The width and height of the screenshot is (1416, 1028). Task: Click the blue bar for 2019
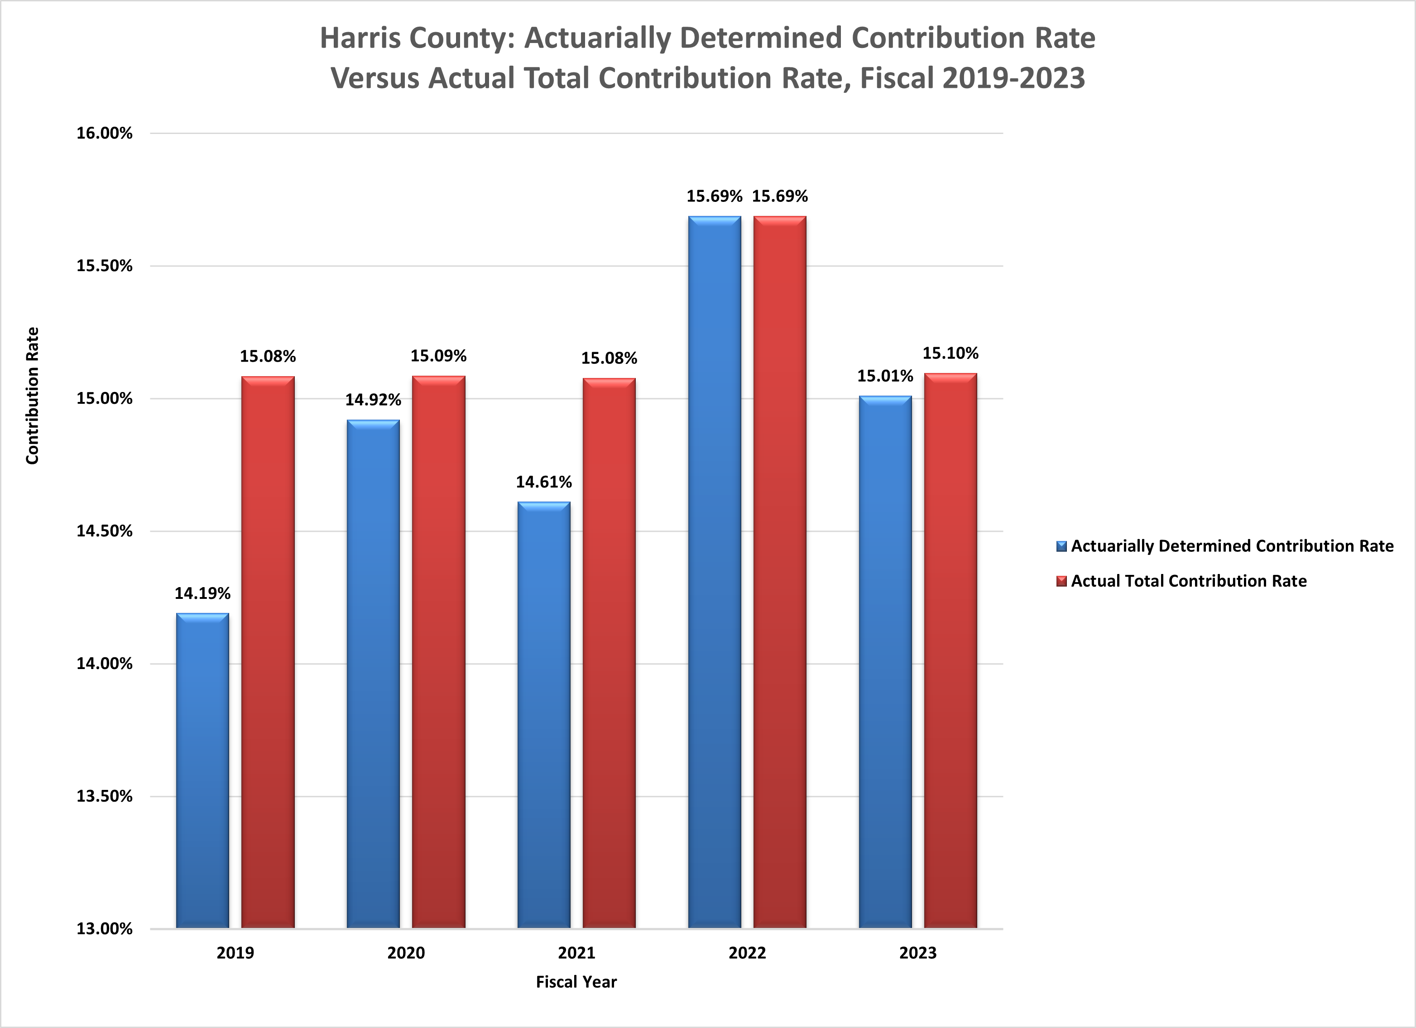[202, 771]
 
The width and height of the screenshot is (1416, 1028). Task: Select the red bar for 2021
[609, 653]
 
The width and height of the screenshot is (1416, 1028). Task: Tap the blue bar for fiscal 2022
[714, 572]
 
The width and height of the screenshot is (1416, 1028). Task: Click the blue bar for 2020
[373, 674]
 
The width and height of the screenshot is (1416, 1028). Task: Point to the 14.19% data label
[202, 593]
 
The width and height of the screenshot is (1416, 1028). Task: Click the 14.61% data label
[543, 482]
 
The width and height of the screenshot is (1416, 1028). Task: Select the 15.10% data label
[950, 353]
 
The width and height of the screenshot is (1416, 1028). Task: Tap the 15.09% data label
[438, 356]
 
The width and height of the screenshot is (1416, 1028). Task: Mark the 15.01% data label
[885, 376]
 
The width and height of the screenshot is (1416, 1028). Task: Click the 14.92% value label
[373, 399]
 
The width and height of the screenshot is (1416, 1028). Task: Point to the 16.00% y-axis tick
[104, 133]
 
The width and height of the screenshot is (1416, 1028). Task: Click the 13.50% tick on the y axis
[104, 796]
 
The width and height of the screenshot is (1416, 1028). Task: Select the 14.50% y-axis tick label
[104, 531]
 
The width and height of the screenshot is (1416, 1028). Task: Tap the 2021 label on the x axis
[576, 953]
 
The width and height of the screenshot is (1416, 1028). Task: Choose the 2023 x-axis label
[918, 953]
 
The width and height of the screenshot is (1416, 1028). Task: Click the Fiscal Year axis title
[576, 982]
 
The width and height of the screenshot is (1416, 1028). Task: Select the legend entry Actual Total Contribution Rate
[1188, 581]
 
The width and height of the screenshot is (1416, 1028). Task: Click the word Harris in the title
[359, 38]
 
